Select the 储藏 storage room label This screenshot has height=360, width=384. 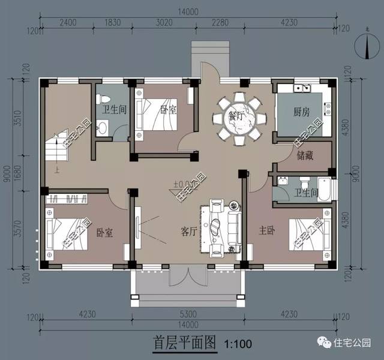tap(304, 155)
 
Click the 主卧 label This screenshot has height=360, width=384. tap(266, 230)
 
